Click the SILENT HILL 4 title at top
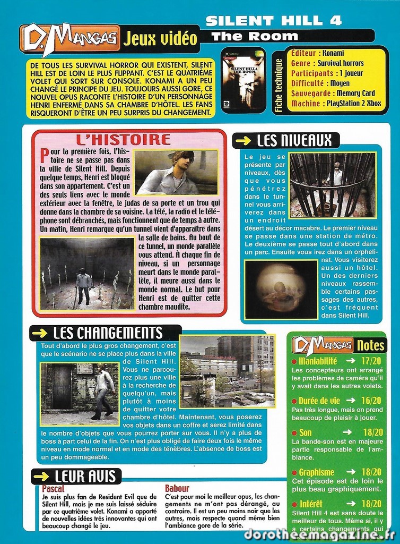(273, 21)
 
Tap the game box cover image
(243, 80)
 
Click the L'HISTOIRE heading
(123, 140)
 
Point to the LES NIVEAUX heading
(294, 141)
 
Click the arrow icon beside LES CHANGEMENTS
(40, 333)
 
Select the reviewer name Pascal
(53, 489)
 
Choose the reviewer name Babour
(177, 489)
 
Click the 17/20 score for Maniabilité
(370, 361)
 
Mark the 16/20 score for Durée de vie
(370, 401)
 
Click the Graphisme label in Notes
(316, 472)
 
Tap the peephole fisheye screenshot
(281, 290)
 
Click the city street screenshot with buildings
(227, 371)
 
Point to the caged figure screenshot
(333, 185)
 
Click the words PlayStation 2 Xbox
(353, 104)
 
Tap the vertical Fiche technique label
(279, 85)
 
